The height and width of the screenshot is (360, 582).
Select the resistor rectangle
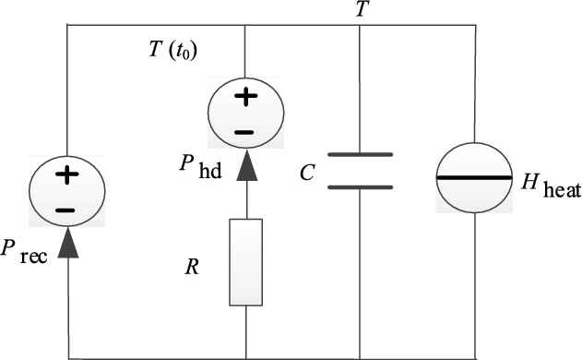245,262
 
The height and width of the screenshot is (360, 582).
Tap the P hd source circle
243,113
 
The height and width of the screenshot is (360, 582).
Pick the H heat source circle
476,176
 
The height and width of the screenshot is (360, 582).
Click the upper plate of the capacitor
360,155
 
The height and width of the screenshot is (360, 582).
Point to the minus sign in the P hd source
243,131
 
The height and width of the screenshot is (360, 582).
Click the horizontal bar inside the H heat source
476,176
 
